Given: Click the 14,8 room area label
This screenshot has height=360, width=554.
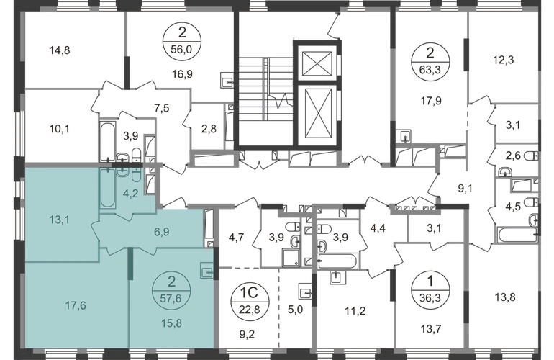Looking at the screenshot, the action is point(60,50).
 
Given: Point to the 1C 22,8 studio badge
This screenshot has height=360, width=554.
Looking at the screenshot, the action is point(250,301).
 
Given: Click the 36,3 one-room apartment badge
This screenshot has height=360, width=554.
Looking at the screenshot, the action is point(430,290).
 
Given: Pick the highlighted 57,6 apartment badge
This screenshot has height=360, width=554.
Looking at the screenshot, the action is point(171,291).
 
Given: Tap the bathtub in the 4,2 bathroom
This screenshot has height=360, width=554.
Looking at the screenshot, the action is point(108,189).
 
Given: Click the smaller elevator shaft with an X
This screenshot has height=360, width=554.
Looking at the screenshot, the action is point(317,63).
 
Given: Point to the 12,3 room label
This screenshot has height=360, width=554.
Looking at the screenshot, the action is point(504,60).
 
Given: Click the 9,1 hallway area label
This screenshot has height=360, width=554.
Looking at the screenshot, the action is point(466,189).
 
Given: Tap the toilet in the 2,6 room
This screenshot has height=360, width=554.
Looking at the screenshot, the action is point(532,156).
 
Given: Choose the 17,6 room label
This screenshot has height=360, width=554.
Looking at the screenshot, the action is point(76,305).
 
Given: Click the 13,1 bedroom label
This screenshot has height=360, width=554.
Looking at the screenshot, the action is point(59,220).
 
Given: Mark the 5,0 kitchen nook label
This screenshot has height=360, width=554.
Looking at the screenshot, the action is point(295,310).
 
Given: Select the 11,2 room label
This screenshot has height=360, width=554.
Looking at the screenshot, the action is point(355,311).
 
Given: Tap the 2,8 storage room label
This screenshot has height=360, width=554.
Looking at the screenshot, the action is point(209,129).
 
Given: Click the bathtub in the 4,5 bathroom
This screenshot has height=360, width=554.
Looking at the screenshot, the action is point(517,235).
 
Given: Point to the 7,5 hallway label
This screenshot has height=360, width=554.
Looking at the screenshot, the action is point(161,108).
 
